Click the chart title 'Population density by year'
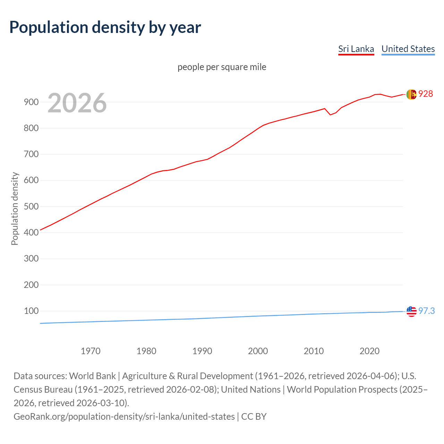pyautogui.click(x=105, y=27)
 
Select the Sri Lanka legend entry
pyautogui.click(x=356, y=49)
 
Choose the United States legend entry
pyautogui.click(x=408, y=49)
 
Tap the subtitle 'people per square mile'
pyautogui.click(x=222, y=67)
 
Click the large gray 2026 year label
pyautogui.click(x=77, y=103)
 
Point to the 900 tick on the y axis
pyautogui.click(x=31, y=102)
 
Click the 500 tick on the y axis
pyautogui.click(x=31, y=206)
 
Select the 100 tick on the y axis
pyautogui.click(x=31, y=311)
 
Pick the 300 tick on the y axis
pyautogui.click(x=31, y=259)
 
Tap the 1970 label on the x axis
pyautogui.click(x=91, y=351)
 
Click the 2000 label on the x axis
pyautogui.click(x=258, y=351)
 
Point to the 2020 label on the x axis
pyautogui.click(x=369, y=351)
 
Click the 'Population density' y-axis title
pyautogui.click(x=15, y=208)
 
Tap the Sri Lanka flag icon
pyautogui.click(x=411, y=94)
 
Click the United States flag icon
pyautogui.click(x=411, y=311)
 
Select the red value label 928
pyautogui.click(x=426, y=94)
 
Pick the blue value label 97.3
pyautogui.click(x=426, y=311)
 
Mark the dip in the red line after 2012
pyautogui.click(x=330, y=114)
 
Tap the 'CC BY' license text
pyautogui.click(x=254, y=417)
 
